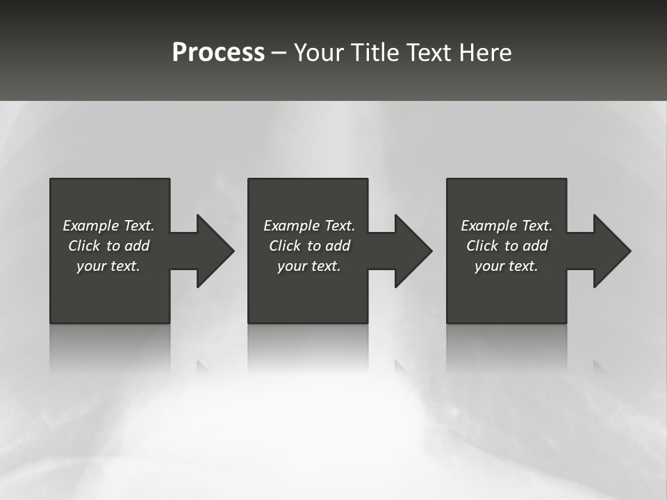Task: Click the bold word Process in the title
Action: pos(218,53)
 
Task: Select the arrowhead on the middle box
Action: pos(412,251)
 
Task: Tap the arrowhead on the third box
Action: pos(611,251)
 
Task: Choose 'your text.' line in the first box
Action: pos(108,266)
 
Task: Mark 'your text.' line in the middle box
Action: pos(309,266)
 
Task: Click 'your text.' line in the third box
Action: pos(507,266)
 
